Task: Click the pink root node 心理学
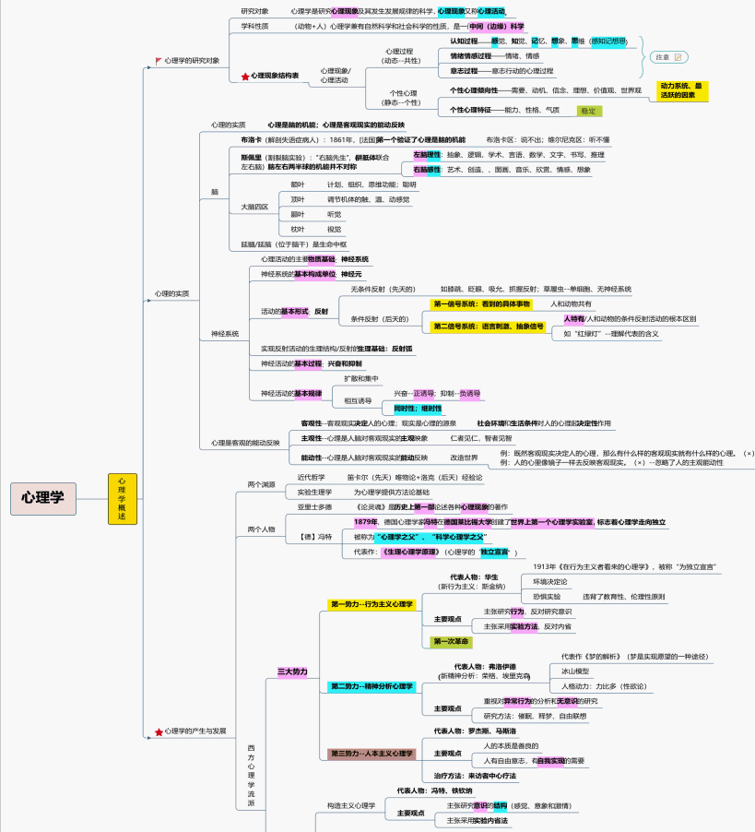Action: coord(43,497)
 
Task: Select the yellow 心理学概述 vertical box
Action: coord(122,498)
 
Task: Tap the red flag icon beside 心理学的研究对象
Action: coord(159,60)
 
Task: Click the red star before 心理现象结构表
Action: coord(245,76)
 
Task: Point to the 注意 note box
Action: coord(667,57)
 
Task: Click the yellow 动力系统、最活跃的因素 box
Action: coord(683,89)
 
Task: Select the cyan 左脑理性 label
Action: coord(427,155)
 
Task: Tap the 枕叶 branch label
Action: coord(298,229)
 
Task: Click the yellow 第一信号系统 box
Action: coord(481,303)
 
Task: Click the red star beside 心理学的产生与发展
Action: coord(159,731)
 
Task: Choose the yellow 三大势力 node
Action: coord(293,672)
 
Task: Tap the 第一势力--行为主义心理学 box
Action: coord(372,604)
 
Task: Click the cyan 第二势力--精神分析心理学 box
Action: coord(372,686)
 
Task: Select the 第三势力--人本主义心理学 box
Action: coord(372,754)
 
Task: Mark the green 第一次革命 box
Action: coord(451,641)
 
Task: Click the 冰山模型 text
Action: coord(576,671)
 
